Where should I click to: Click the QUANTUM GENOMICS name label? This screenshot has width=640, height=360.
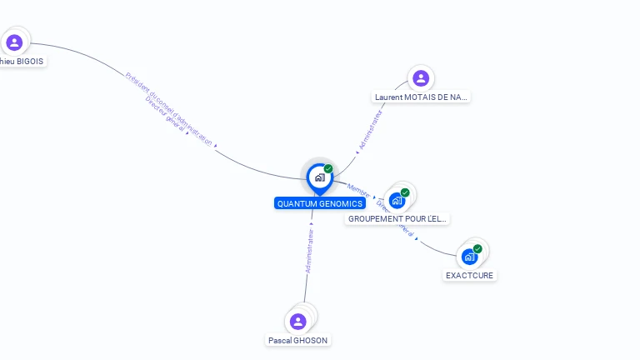(x=320, y=203)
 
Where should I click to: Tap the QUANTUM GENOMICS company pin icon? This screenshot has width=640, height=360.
(x=319, y=177)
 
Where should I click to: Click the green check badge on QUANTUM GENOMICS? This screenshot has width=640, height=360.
(x=328, y=168)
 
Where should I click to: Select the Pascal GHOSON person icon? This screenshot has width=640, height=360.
(x=297, y=322)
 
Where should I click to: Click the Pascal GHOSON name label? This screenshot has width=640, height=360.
(x=298, y=340)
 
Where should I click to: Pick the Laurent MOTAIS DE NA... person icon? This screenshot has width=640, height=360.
(x=421, y=78)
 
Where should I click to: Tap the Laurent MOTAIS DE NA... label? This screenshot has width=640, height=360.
(x=421, y=97)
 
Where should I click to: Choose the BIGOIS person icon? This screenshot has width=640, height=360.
(x=14, y=42)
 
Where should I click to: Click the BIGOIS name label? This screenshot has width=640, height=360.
(x=22, y=61)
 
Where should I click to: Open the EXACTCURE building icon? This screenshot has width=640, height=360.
(x=469, y=257)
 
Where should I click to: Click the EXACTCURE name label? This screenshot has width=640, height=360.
(x=469, y=275)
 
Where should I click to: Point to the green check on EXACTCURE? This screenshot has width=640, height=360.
(x=477, y=248)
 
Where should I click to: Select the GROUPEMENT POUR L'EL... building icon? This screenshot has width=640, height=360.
(x=397, y=201)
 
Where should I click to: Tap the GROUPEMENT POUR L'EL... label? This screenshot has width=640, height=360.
(x=397, y=218)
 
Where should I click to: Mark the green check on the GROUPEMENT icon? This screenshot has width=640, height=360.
(x=405, y=192)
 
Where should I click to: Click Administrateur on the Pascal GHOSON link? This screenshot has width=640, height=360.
(x=309, y=251)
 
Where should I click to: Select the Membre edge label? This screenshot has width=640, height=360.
(x=358, y=190)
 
